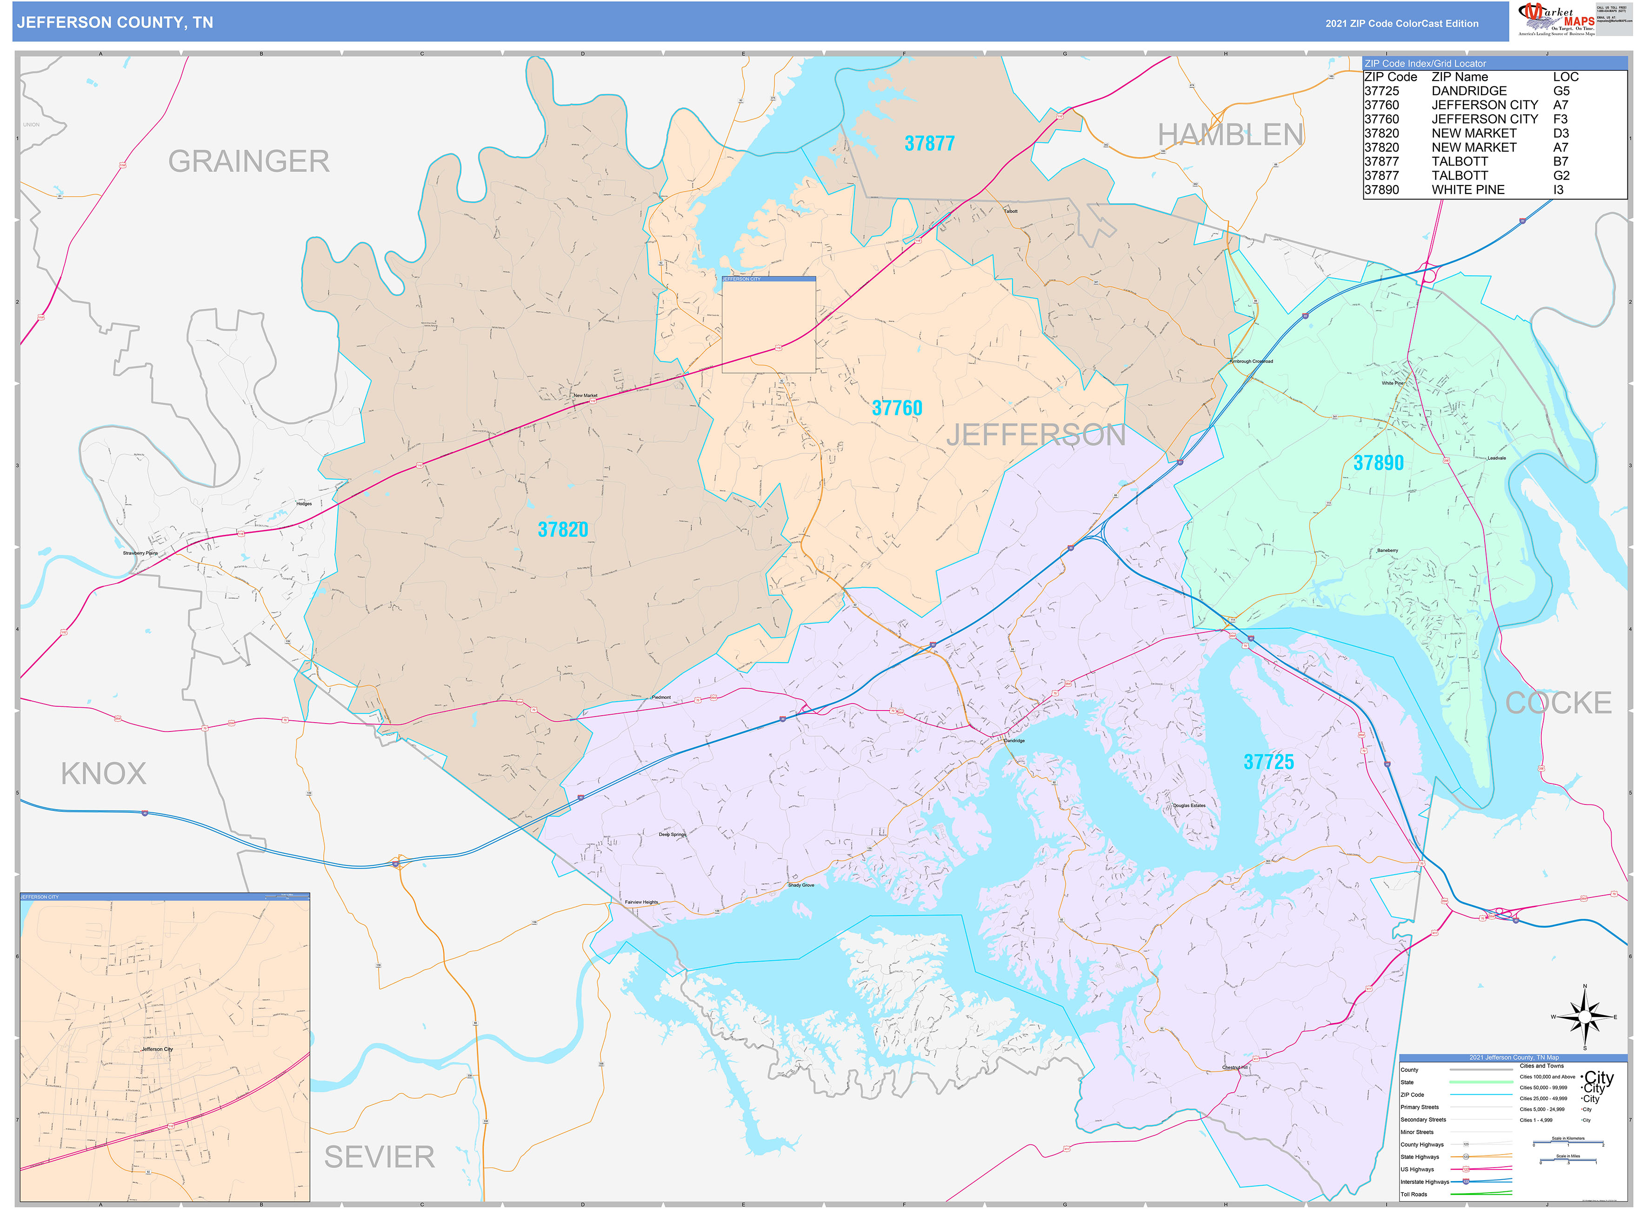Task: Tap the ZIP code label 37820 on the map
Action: pos(562,529)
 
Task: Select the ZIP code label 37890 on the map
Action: pos(1378,463)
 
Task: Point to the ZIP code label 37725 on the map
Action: pos(1268,762)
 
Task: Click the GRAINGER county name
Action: pos(249,161)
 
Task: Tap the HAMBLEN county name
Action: pos(1230,135)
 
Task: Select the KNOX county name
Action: pos(103,774)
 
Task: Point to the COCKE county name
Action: pos(1558,703)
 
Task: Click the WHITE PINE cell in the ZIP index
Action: pos(1467,190)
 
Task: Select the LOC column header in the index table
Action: pos(1565,77)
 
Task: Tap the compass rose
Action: pos(1584,1016)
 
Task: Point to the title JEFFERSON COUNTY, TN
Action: pos(115,23)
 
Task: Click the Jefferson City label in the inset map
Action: pos(157,1049)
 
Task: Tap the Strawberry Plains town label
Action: pos(140,553)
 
